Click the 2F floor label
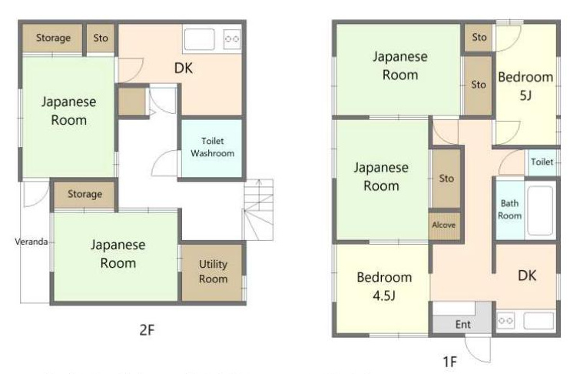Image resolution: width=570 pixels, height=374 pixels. pyautogui.click(x=147, y=330)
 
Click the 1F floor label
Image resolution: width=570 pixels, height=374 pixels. pyautogui.click(x=449, y=362)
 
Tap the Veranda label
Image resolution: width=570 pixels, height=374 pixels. pyautogui.click(x=31, y=242)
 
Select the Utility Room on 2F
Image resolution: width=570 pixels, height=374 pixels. pyautogui.click(x=212, y=272)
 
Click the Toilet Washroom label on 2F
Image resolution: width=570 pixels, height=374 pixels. pyautogui.click(x=212, y=147)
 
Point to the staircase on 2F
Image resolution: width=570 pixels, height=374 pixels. pyautogui.click(x=258, y=209)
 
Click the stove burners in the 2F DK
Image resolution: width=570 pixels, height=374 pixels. pyautogui.click(x=232, y=39)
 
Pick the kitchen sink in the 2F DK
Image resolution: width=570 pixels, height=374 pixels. pyautogui.click(x=199, y=39)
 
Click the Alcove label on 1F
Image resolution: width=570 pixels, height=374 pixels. pyautogui.click(x=444, y=225)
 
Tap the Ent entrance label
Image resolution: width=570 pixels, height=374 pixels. pyautogui.click(x=462, y=324)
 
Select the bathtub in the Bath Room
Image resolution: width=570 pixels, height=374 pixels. pyautogui.click(x=540, y=211)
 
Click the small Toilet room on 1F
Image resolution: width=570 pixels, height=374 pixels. pyautogui.click(x=542, y=162)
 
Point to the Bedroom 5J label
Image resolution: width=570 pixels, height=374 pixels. pyautogui.click(x=525, y=86)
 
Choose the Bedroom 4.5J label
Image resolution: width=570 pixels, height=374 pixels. pyautogui.click(x=384, y=286)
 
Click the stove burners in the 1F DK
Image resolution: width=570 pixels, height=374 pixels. pyautogui.click(x=505, y=320)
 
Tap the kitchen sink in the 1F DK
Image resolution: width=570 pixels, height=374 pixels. pyautogui.click(x=539, y=321)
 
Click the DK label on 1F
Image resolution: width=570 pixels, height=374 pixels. pyautogui.click(x=527, y=275)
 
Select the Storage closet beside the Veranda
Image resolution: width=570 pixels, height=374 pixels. pyautogui.click(x=85, y=195)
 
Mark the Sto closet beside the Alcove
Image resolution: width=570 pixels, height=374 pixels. pyautogui.click(x=446, y=179)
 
